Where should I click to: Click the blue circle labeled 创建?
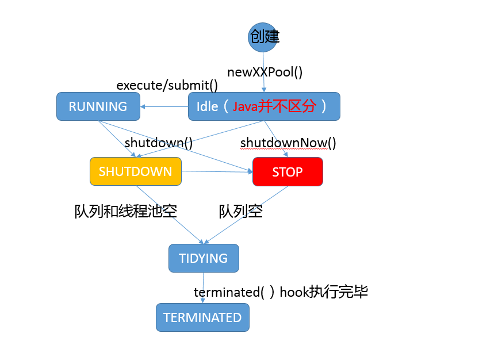pyautogui.click(x=263, y=37)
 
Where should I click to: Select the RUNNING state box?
pyautogui.click(x=98, y=106)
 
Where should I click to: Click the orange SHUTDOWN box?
pyautogui.click(x=135, y=171)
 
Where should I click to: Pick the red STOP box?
pyautogui.click(x=287, y=172)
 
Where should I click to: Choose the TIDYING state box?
pyautogui.click(x=204, y=258)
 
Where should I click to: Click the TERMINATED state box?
pyautogui.click(x=202, y=317)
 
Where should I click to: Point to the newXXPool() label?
pyautogui.click(x=265, y=72)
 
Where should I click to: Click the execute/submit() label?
pyautogui.click(x=167, y=86)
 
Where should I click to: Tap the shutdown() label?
pyautogui.click(x=159, y=142)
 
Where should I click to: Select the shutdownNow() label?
pyautogui.click(x=288, y=142)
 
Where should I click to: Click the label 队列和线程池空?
pyautogui.click(x=125, y=211)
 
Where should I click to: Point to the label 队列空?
pyautogui.click(x=241, y=211)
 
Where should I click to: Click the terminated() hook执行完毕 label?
pyautogui.click(x=281, y=292)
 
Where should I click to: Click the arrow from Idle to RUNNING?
pyautogui.click(x=164, y=106)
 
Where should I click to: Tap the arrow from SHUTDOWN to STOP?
pyautogui.click(x=217, y=171)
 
